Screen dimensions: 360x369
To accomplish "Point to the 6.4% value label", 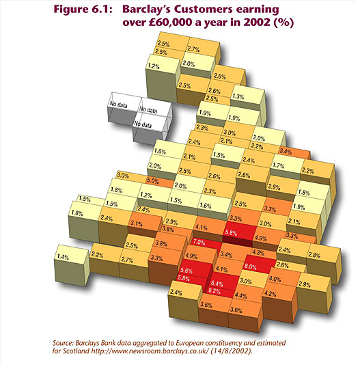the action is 217,284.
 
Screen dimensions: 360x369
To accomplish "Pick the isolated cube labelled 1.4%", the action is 71,264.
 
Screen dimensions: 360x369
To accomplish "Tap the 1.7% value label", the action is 278,165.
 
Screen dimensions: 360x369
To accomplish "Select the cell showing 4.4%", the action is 248,294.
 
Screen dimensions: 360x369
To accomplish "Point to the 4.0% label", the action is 275,279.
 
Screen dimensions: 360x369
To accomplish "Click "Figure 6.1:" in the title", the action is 83,10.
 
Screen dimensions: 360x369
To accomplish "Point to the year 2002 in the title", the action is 256,22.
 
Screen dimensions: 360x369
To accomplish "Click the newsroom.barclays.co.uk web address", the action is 150,351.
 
